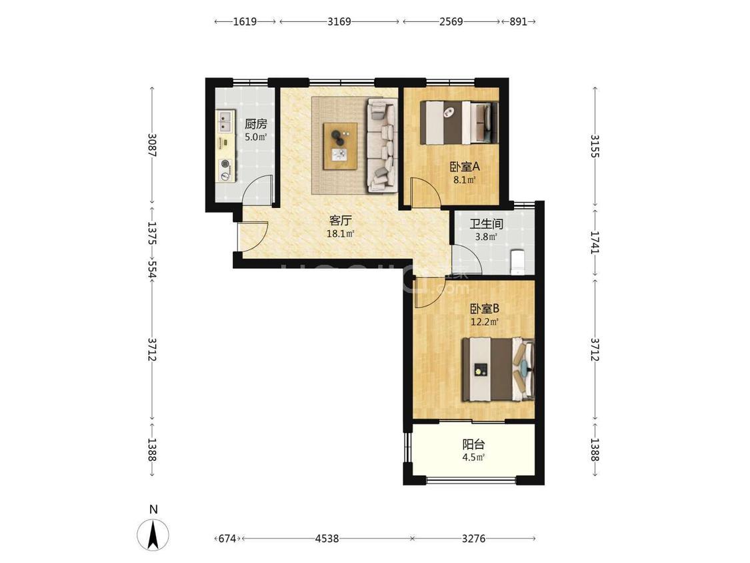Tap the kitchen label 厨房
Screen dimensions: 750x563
tap(255, 124)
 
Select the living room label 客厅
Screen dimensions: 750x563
tap(340, 221)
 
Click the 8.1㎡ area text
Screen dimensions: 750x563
tap(465, 180)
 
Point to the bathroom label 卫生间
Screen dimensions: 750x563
tap(486, 223)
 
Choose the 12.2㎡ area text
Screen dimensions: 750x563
tap(485, 322)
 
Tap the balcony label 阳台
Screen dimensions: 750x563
tap(473, 444)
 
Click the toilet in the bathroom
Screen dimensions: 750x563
tap(519, 261)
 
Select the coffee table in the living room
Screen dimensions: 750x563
tap(340, 146)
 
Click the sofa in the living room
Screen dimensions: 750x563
tap(382, 145)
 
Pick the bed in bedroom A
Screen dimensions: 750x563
tap(459, 122)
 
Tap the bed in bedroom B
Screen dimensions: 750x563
tap(498, 369)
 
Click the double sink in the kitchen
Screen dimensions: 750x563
tap(225, 121)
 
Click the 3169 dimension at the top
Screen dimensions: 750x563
tap(339, 21)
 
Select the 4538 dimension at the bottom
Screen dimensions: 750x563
tap(327, 538)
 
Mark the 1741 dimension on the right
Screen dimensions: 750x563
tap(595, 241)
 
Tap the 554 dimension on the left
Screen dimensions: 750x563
tap(152, 269)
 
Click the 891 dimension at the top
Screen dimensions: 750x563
tap(518, 21)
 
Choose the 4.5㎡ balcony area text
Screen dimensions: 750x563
tap(473, 457)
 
